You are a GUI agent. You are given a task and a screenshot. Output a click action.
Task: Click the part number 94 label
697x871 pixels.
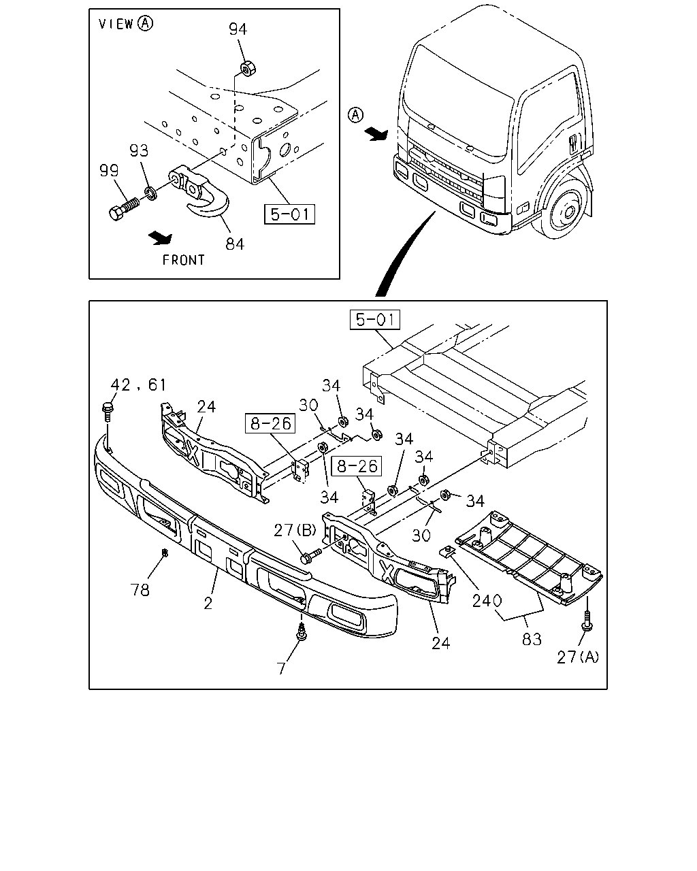(x=238, y=29)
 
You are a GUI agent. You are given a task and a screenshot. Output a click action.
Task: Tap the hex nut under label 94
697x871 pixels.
(x=248, y=69)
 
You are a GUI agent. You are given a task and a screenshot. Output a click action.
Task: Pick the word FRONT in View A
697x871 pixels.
(x=184, y=260)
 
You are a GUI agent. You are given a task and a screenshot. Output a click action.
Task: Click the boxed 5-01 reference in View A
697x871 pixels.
(x=289, y=214)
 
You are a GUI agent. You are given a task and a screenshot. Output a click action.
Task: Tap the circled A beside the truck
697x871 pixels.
(x=355, y=115)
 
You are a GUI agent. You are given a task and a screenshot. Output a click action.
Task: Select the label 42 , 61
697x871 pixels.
(x=138, y=384)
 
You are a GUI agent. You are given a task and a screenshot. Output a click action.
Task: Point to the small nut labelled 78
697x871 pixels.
(x=165, y=552)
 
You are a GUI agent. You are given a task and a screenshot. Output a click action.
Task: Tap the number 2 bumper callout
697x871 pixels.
(x=208, y=614)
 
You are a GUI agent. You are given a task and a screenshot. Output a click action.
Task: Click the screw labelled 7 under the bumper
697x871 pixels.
(x=301, y=634)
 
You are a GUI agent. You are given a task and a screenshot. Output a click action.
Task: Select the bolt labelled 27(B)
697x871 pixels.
(x=310, y=555)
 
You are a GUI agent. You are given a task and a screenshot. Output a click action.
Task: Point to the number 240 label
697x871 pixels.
(x=487, y=601)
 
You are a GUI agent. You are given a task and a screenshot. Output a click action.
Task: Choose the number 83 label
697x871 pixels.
(x=532, y=640)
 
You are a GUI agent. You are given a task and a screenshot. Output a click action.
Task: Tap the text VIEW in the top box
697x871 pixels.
(x=116, y=24)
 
